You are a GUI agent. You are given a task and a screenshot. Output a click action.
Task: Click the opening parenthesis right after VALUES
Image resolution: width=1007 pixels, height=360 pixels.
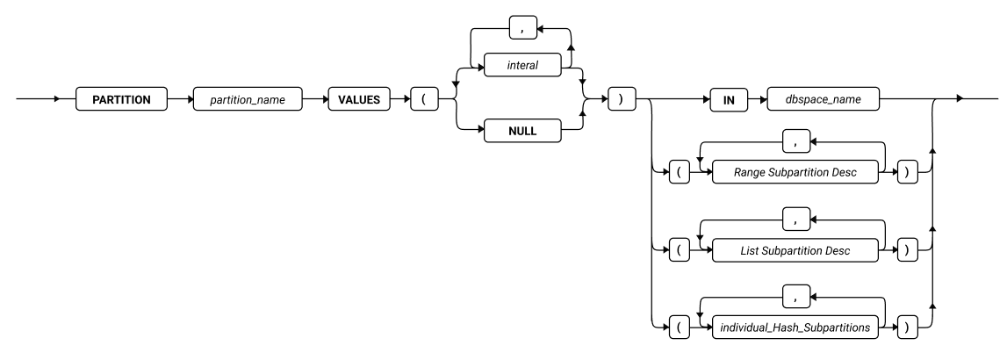click(x=423, y=99)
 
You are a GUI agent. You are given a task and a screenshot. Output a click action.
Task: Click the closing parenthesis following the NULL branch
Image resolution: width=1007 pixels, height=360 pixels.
click(x=621, y=99)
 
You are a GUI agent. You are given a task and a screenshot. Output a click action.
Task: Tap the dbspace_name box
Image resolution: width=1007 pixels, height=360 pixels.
click(x=824, y=99)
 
